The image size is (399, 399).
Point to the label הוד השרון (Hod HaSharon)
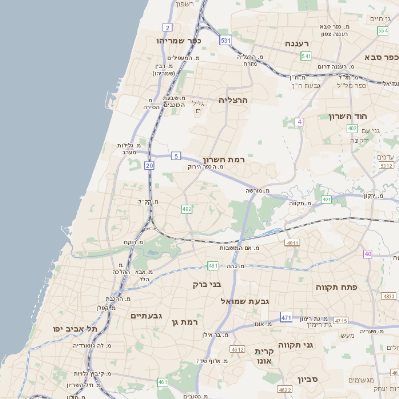[348, 116]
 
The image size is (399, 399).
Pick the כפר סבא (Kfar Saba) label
[381, 31]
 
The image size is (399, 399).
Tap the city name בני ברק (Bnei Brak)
[205, 284]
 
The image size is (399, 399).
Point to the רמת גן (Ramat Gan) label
[187, 322]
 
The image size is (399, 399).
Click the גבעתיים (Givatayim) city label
[146, 315]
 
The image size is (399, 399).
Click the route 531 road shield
[226, 41]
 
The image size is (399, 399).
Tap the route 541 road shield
[306, 56]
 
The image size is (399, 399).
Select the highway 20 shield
[149, 164]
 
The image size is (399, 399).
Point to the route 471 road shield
[286, 318]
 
